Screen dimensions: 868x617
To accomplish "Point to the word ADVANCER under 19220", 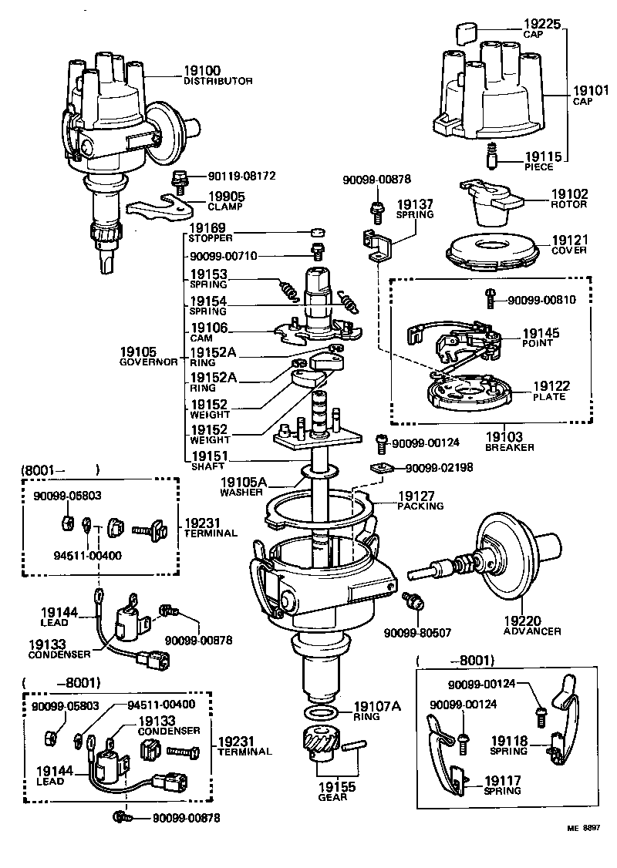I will [x=532, y=631].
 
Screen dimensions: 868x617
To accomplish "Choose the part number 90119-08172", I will [x=241, y=176].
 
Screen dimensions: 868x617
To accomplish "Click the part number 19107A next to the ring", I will [x=378, y=705].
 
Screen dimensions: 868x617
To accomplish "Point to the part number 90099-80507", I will [x=417, y=633].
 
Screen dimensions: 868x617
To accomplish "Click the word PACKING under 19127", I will [x=420, y=506].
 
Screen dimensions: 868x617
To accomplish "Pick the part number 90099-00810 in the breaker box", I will [x=542, y=300].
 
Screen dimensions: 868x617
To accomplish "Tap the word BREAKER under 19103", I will [x=509, y=447].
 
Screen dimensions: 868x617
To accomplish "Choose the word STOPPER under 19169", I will [x=211, y=238].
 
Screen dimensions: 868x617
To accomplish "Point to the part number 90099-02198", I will [x=440, y=468].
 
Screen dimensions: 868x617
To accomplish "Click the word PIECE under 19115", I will [x=538, y=167].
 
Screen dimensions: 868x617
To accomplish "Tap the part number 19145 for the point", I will [x=541, y=333].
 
